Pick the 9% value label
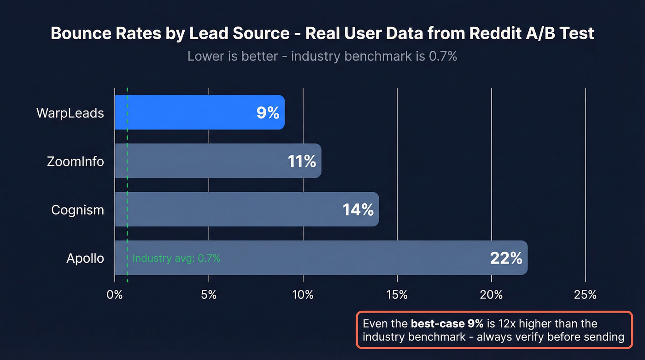pos(268,113)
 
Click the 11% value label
pos(302,161)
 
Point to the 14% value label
pos(358,210)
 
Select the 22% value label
pos(506,258)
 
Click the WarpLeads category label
pos(70,113)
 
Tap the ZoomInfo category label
pos(75,161)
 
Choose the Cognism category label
pos(77,210)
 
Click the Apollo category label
pos(85,258)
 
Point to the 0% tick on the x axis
pos(115,295)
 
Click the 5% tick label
pos(209,295)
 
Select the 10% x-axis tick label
pos(303,295)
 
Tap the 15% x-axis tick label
pos(397,295)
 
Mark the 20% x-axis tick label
pos(492,295)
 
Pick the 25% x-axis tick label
pos(586,295)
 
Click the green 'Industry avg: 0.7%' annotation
pos(176,259)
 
